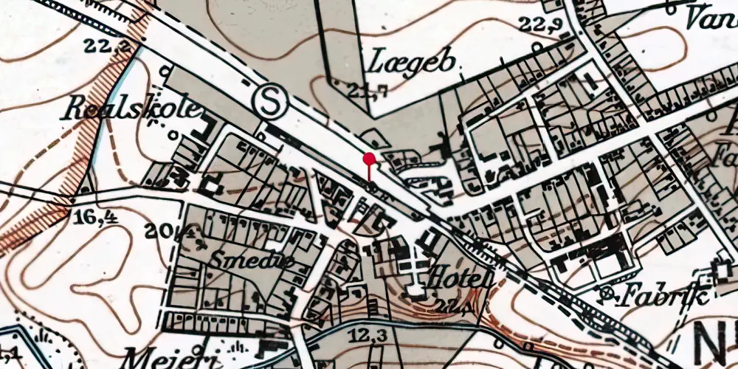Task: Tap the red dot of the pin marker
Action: [369, 158]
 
